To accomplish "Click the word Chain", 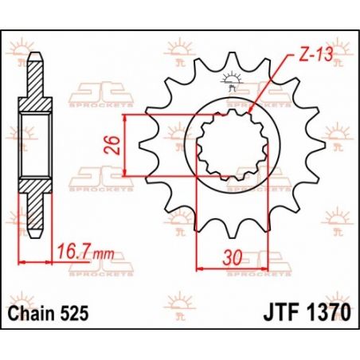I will click(36, 311).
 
